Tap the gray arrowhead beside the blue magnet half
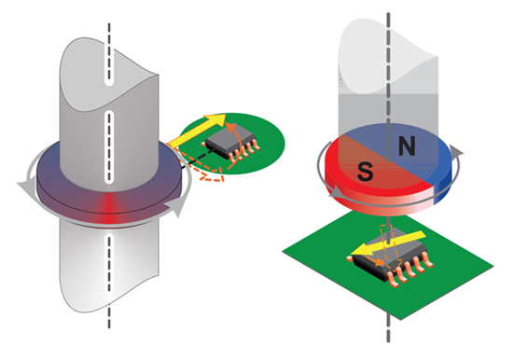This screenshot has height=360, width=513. [x=461, y=149]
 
